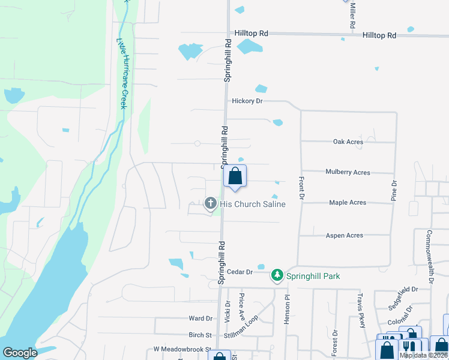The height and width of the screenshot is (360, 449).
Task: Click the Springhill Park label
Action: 313,276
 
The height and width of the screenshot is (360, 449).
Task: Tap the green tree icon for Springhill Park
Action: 277,275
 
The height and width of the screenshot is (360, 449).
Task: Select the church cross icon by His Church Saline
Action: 210,203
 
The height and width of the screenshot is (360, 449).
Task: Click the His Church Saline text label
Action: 252,204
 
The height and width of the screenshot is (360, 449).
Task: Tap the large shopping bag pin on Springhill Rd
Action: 235,177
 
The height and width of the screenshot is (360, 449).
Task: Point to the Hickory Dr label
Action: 247,101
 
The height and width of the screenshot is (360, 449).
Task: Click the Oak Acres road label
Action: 348,142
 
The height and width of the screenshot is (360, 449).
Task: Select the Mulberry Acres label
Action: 348,172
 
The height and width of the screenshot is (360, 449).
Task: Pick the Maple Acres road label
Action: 348,203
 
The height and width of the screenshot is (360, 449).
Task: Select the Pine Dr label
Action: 394,191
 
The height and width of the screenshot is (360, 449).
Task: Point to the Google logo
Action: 20,353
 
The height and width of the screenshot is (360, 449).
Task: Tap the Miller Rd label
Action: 353,17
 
